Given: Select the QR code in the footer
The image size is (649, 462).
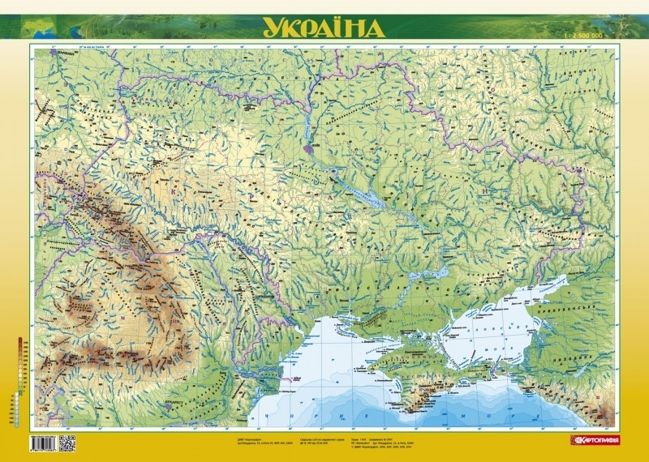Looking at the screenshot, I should point(67,443).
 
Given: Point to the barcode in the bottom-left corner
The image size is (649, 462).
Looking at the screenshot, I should point(43,443).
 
